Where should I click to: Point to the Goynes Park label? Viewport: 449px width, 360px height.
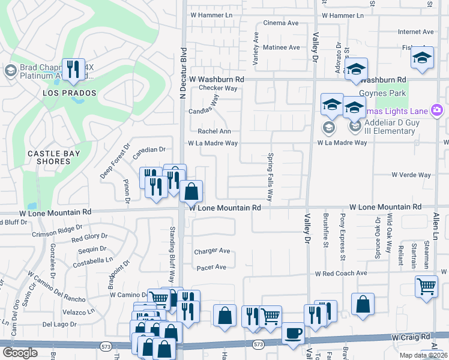[x=383, y=93]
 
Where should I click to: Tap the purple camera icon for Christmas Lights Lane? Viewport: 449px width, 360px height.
[x=437, y=110]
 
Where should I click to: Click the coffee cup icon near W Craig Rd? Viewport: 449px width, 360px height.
[x=293, y=333]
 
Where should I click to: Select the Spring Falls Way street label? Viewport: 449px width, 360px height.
[x=270, y=178]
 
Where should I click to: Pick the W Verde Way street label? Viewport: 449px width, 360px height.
[x=411, y=175]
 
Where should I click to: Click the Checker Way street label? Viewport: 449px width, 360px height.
[x=218, y=88]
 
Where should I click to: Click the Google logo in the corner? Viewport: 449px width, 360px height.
[x=20, y=353]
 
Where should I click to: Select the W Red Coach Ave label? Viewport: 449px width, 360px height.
[x=341, y=273]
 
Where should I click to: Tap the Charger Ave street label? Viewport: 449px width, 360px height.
[x=212, y=251]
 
